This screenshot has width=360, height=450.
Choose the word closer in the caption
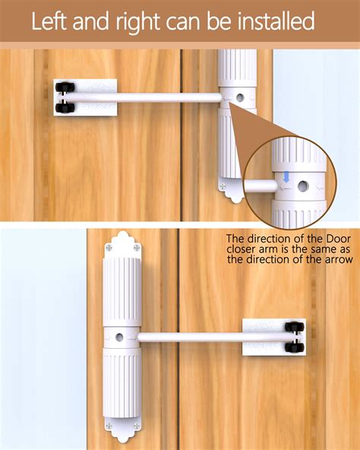click(x=242, y=249)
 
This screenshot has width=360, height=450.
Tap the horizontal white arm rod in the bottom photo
click(x=190, y=336)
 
